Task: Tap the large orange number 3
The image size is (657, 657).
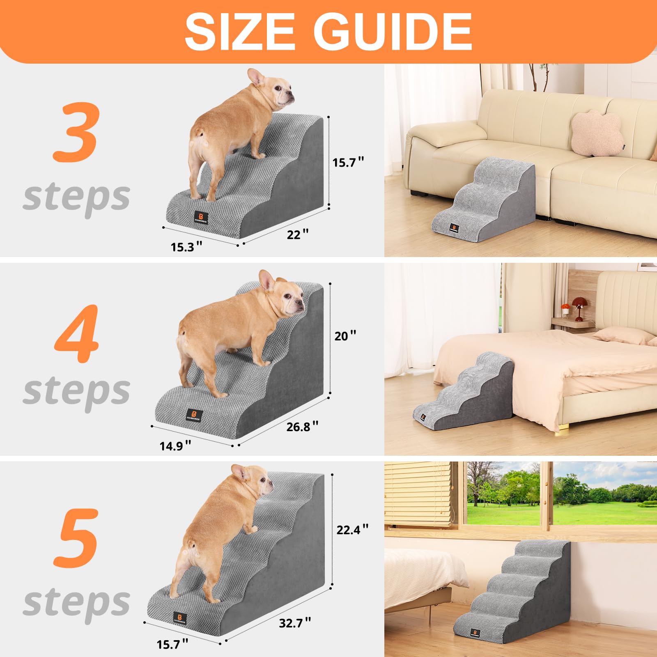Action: click(x=76, y=133)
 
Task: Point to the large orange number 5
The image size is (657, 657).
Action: click(x=77, y=538)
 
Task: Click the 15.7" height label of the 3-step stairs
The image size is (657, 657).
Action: click(x=348, y=162)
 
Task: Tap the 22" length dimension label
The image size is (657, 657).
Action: click(x=297, y=234)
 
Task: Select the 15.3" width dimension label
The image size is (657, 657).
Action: click(x=186, y=247)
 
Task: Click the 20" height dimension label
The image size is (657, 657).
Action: click(x=345, y=336)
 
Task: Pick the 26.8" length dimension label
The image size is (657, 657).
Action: click(x=302, y=427)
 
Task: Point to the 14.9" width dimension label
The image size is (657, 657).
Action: click(x=175, y=446)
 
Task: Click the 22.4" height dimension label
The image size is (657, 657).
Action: click(x=352, y=530)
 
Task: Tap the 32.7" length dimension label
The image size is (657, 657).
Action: click(x=295, y=623)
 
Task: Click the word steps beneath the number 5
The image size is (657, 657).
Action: click(x=77, y=602)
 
